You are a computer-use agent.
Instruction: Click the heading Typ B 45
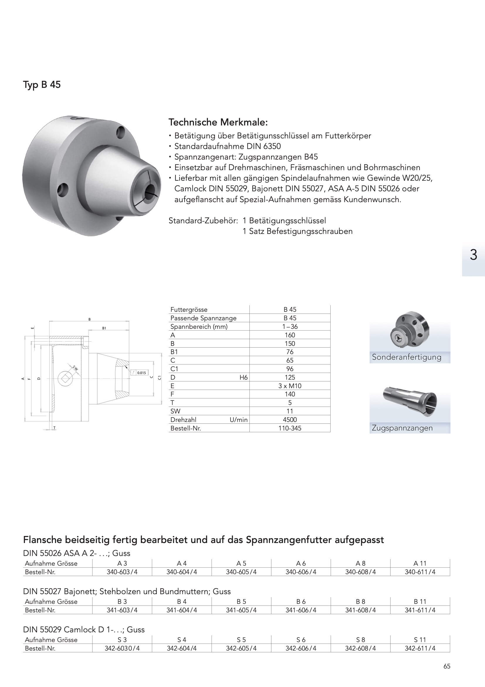pos(42,85)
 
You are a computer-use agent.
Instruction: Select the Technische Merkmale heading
pos(218,122)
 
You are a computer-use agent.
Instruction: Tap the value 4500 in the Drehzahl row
pos(290,420)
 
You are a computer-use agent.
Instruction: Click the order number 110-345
pos(290,428)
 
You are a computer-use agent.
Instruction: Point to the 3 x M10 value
pos(290,386)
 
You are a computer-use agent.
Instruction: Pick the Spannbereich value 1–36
pos(290,326)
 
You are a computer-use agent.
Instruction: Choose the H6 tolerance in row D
pos(243,377)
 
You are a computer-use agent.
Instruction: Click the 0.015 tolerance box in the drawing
pos(141,373)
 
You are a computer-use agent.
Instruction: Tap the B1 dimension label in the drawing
pos(104,328)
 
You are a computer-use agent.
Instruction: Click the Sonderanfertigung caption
pos(406,357)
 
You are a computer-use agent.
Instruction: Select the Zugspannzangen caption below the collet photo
pos(402,428)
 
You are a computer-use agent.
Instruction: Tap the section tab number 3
pos(473,255)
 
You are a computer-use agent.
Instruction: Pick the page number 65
pos(447,666)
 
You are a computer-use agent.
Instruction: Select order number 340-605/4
pos(241,572)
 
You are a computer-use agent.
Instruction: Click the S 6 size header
pos(301,640)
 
